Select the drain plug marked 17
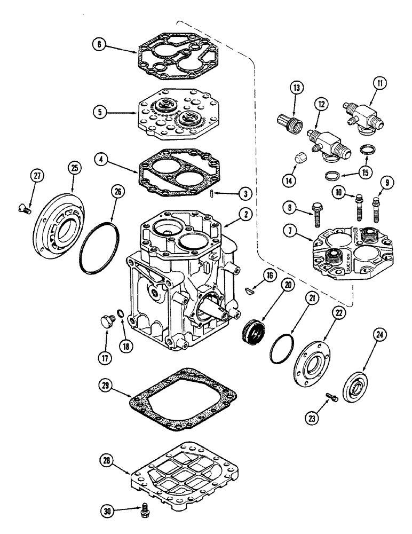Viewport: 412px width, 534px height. [x=105, y=322]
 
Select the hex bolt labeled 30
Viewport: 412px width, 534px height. [x=143, y=511]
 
